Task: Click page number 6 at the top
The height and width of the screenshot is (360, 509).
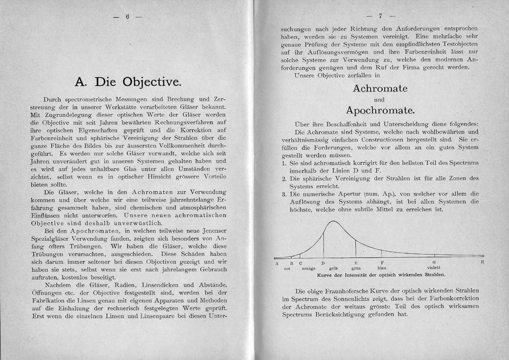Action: pyautogui.click(x=127, y=16)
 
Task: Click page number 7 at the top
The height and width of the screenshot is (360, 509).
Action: pyautogui.click(x=380, y=15)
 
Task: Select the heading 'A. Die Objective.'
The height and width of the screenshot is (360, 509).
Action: pyautogui.click(x=127, y=81)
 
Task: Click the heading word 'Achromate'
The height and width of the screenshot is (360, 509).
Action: pyautogui.click(x=380, y=89)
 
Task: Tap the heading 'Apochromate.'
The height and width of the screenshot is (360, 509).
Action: pyautogui.click(x=380, y=109)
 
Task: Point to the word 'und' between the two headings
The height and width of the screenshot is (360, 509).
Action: pyautogui.click(x=379, y=99)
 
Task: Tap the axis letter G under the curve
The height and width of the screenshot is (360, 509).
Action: pyautogui.click(x=433, y=262)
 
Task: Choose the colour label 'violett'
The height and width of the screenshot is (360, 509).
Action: pyautogui.click(x=433, y=268)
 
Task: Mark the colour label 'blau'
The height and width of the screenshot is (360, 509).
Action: pyautogui.click(x=382, y=268)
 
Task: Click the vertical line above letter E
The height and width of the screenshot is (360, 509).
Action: pyautogui.click(x=355, y=248)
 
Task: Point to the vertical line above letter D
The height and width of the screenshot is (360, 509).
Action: pyautogui.click(x=323, y=244)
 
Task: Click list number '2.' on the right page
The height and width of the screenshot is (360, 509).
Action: pyautogui.click(x=284, y=178)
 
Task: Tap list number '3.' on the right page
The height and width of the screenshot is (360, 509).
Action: pyautogui.click(x=284, y=193)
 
